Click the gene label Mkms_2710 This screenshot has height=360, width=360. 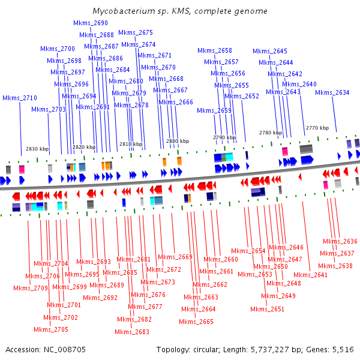[x=20, y=98]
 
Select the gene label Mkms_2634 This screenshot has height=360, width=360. [x=332, y=92]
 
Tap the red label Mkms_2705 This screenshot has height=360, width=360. [x=51, y=329]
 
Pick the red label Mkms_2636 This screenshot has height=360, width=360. [x=340, y=241]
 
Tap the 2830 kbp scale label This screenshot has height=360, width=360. [x=37, y=149]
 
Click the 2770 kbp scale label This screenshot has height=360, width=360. [x=317, y=128]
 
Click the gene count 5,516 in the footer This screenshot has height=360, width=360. [x=342, y=349]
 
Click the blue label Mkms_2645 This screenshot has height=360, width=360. [x=270, y=51]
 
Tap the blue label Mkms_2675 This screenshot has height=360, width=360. [x=136, y=32]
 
